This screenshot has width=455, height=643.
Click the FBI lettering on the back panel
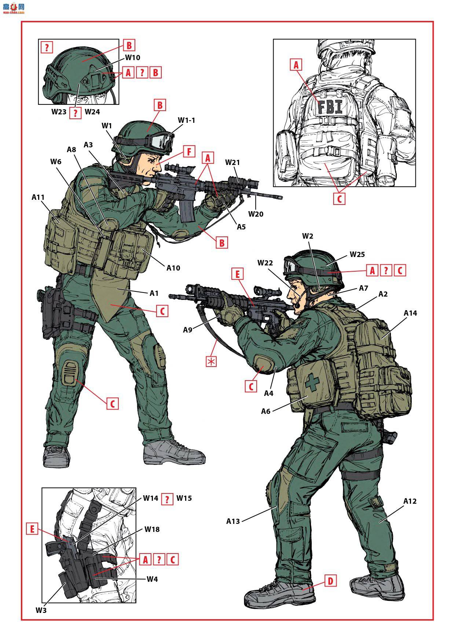click(x=330, y=107)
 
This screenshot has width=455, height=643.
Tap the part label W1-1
click(x=187, y=120)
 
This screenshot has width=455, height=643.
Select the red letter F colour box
click(x=189, y=151)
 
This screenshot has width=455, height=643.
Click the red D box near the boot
click(x=330, y=581)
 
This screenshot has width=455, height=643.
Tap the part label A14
click(x=410, y=313)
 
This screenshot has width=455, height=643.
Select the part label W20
click(x=256, y=214)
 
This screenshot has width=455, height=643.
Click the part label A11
click(x=38, y=197)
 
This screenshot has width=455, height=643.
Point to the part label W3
click(x=41, y=610)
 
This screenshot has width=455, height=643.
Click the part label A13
click(x=233, y=521)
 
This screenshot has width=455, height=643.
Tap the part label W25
click(x=357, y=254)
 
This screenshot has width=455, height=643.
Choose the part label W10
click(x=132, y=58)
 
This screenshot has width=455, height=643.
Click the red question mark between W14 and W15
click(x=167, y=499)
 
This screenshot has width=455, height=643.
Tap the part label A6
click(x=266, y=411)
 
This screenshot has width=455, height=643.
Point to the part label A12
click(x=410, y=501)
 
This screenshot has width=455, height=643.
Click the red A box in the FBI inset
click(x=296, y=65)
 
